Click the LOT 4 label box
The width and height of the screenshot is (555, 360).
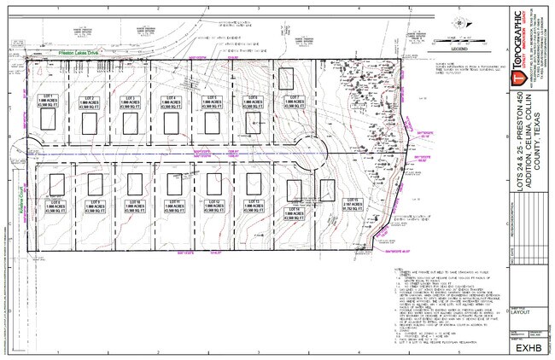click(x=172, y=102)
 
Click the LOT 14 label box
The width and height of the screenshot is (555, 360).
click(x=293, y=211)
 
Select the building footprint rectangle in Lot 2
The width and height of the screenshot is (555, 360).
click(x=89, y=124)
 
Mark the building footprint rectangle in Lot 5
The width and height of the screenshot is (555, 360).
click(x=212, y=124)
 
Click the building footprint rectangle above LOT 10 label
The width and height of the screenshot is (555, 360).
click(x=135, y=183)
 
